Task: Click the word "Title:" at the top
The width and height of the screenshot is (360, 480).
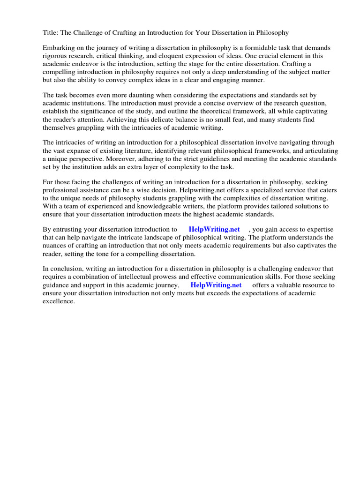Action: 51,32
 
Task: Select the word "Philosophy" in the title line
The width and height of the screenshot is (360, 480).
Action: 272,32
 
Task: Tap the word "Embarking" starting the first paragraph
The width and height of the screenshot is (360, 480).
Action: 59,48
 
